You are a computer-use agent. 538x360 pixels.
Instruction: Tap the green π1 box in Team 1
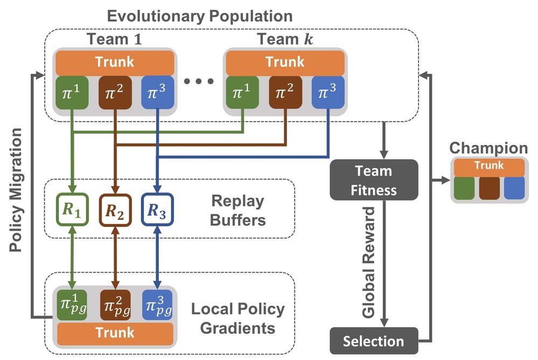pos(72,93)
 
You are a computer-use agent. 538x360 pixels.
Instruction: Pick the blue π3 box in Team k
pos(328,93)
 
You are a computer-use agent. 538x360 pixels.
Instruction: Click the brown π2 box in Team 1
pos(115,93)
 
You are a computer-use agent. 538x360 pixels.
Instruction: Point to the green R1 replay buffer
pos(72,210)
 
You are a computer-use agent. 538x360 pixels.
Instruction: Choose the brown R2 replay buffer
pos(115,210)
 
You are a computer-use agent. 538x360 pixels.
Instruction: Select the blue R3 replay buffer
pos(157,210)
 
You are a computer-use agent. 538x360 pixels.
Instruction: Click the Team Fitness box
pos(374,180)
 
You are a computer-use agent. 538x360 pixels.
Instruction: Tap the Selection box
pos(374,341)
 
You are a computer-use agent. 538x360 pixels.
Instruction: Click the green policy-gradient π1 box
pos(72,305)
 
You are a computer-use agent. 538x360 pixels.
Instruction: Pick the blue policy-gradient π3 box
pos(157,305)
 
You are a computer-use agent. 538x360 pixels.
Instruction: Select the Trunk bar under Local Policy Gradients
pos(115,334)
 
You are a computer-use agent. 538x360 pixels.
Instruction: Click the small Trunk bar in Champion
pos(489,167)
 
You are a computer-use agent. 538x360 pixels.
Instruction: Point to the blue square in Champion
pos(514,188)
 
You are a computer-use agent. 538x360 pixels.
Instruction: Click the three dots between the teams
pos(199,81)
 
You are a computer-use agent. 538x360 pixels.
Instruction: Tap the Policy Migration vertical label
pos(16,190)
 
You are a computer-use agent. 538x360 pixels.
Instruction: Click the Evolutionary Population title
pos(200,16)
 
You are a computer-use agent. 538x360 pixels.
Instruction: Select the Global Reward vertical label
pos(368,262)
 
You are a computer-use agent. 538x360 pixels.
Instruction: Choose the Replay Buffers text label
pos(238,210)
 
